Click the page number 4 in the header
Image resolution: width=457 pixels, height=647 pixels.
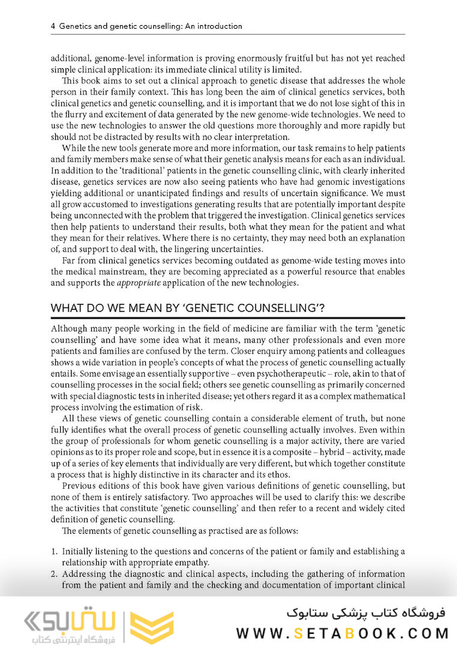click(x=53, y=26)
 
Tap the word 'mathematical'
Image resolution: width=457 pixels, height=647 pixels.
click(x=374, y=397)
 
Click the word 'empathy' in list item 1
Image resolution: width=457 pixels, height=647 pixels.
click(x=189, y=562)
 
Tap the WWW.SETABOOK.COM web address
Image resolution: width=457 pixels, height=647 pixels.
click(x=342, y=633)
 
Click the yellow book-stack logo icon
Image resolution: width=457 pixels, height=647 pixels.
click(x=152, y=627)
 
